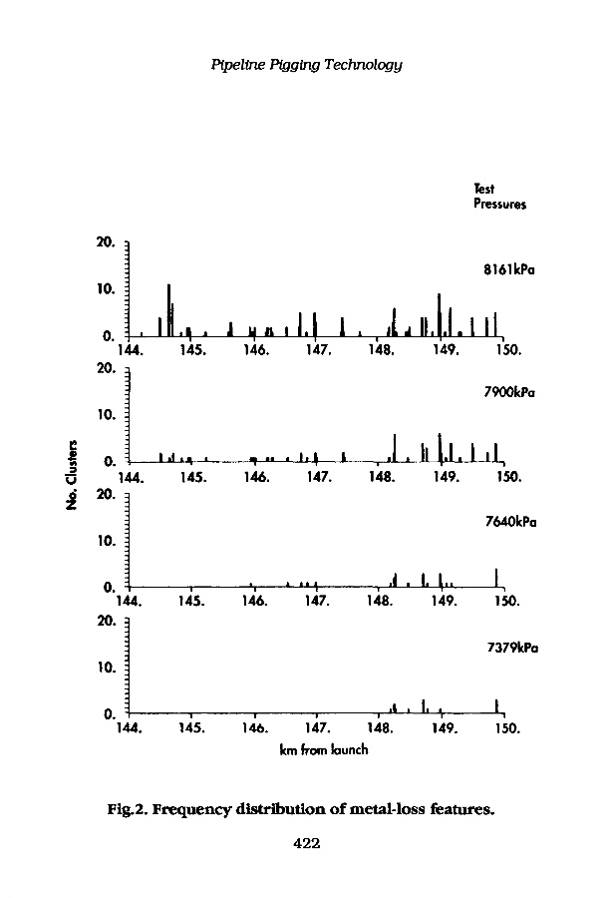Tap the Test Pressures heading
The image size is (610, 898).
coord(499,197)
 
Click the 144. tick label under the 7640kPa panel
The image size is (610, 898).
coord(129,603)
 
